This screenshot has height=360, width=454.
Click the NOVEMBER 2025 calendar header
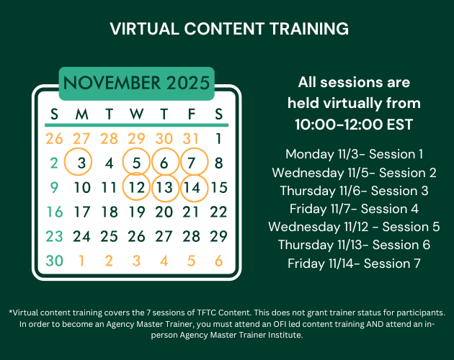tap(136, 84)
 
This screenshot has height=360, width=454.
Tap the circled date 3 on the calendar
tap(81, 163)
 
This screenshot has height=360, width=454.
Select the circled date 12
tap(136, 188)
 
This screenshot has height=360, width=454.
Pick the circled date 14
tap(190, 188)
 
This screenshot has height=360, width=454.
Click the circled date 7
tap(190, 163)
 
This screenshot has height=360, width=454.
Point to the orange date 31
tap(190, 138)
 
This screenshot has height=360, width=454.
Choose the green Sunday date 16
tap(54, 212)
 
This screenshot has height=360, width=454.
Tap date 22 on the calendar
tap(218, 212)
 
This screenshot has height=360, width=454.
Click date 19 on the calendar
tap(136, 212)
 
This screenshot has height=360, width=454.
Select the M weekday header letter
tap(81, 114)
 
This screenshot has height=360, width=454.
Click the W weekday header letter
tap(136, 114)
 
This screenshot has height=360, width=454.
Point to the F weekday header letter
tap(190, 114)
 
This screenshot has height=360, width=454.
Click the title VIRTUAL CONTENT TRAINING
tap(228, 29)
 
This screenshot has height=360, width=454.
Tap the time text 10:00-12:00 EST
tap(354, 124)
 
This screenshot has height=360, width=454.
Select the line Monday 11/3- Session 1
tap(354, 154)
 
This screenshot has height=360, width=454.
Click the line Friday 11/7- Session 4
tap(354, 209)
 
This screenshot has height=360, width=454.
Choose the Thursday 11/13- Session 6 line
tap(354, 245)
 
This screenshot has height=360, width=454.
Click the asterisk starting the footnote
tap(11, 313)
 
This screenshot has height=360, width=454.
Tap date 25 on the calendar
tap(109, 237)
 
